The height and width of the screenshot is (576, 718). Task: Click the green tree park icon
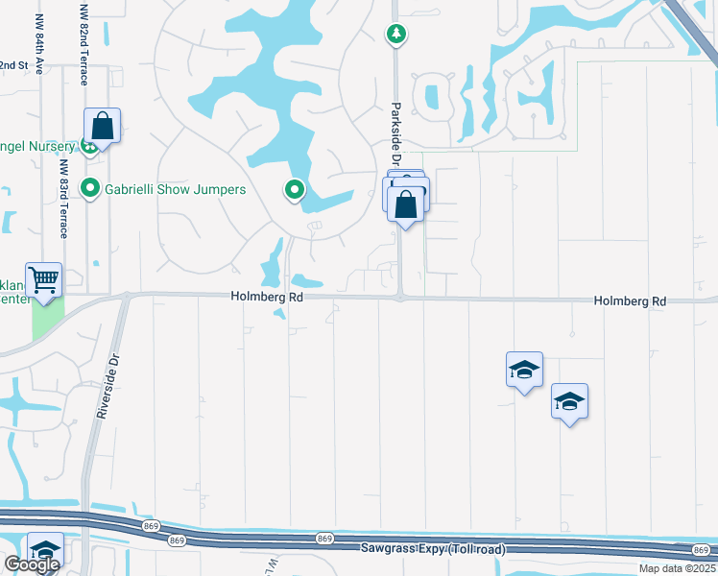pyautogui.click(x=395, y=35)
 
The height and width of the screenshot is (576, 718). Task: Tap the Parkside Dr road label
pyautogui.click(x=395, y=133)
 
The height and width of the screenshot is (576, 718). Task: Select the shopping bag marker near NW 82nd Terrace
pyautogui.click(x=102, y=127)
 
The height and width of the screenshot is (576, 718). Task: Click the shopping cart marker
pyautogui.click(x=43, y=280)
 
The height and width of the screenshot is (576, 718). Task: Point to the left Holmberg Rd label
pyautogui.click(x=267, y=299)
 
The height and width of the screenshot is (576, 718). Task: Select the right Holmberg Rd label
pyautogui.click(x=629, y=301)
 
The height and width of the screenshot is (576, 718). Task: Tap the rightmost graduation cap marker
pyautogui.click(x=569, y=402)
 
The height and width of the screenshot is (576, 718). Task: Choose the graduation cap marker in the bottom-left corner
pyautogui.click(x=44, y=550)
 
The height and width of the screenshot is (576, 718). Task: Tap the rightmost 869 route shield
pyautogui.click(x=700, y=548)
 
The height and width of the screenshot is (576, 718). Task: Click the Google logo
pyautogui.click(x=32, y=564)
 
